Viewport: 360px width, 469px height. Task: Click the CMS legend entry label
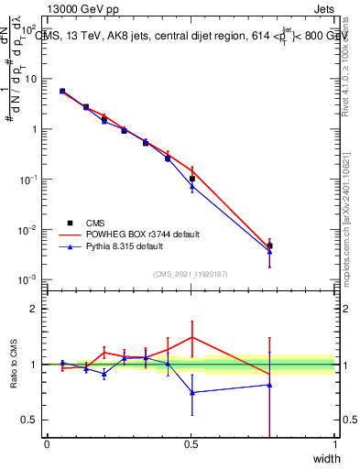pos(94,223)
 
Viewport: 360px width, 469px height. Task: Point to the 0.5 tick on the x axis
pos(191,444)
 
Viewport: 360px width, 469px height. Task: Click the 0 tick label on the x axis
pos(47,444)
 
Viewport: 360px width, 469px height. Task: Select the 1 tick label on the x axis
pos(335,444)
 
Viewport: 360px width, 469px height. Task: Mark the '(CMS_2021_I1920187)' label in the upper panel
pos(191,273)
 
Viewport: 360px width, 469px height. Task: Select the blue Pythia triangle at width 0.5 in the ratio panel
pos(191,392)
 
